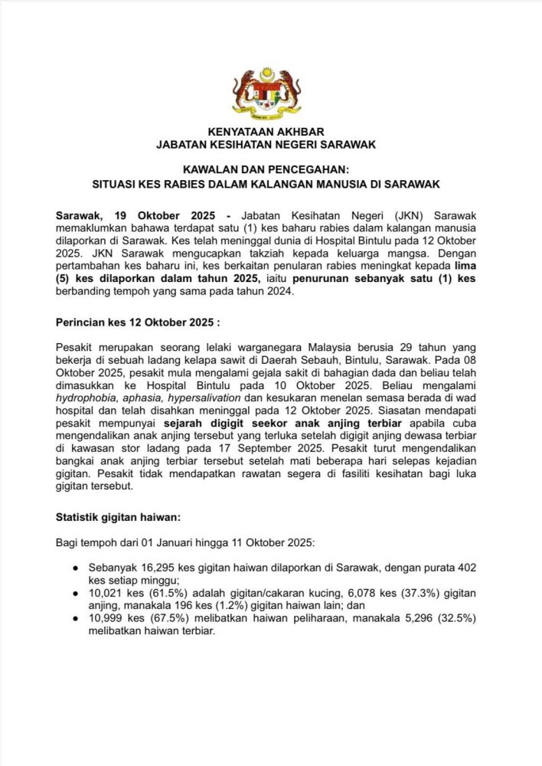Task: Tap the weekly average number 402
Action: [x=466, y=568]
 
